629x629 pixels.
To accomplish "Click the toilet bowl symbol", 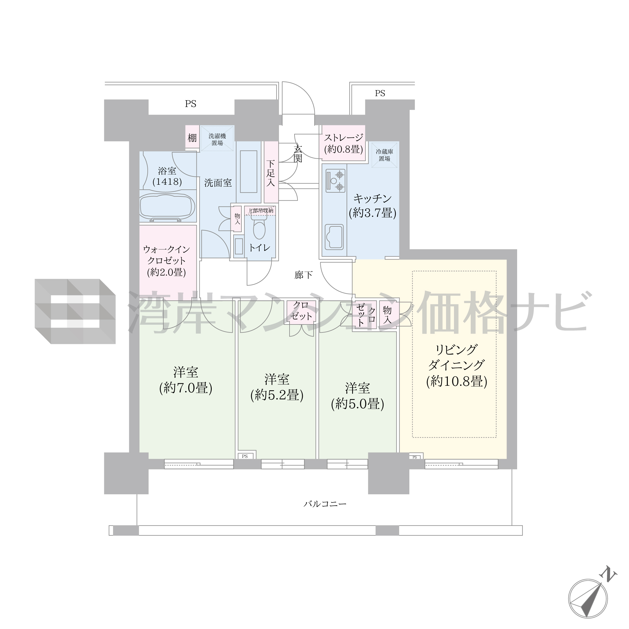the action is pos(259,229).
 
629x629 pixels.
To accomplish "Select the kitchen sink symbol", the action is pos(334,237).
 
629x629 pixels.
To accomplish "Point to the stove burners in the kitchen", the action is pos(335,179).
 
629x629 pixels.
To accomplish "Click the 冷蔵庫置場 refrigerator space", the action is pos(384,155).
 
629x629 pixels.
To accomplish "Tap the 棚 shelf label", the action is pos(192,138).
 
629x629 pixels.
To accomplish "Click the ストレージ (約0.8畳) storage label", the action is pos(343,143).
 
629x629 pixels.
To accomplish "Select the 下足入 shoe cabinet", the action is pos(271,172).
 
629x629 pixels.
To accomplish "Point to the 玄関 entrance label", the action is pos(297,154).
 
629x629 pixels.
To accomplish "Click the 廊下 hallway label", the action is pos(303,275).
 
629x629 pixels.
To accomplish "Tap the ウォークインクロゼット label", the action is pos(166,261).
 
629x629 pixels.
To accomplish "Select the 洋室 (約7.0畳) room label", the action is pos(186,380).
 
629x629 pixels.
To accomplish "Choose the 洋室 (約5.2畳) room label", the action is pos(277,387).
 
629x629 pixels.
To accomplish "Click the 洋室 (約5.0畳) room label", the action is pos(357,396).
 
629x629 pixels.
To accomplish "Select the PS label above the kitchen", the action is pos(380,93).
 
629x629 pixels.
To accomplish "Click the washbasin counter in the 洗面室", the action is pos(249,172).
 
